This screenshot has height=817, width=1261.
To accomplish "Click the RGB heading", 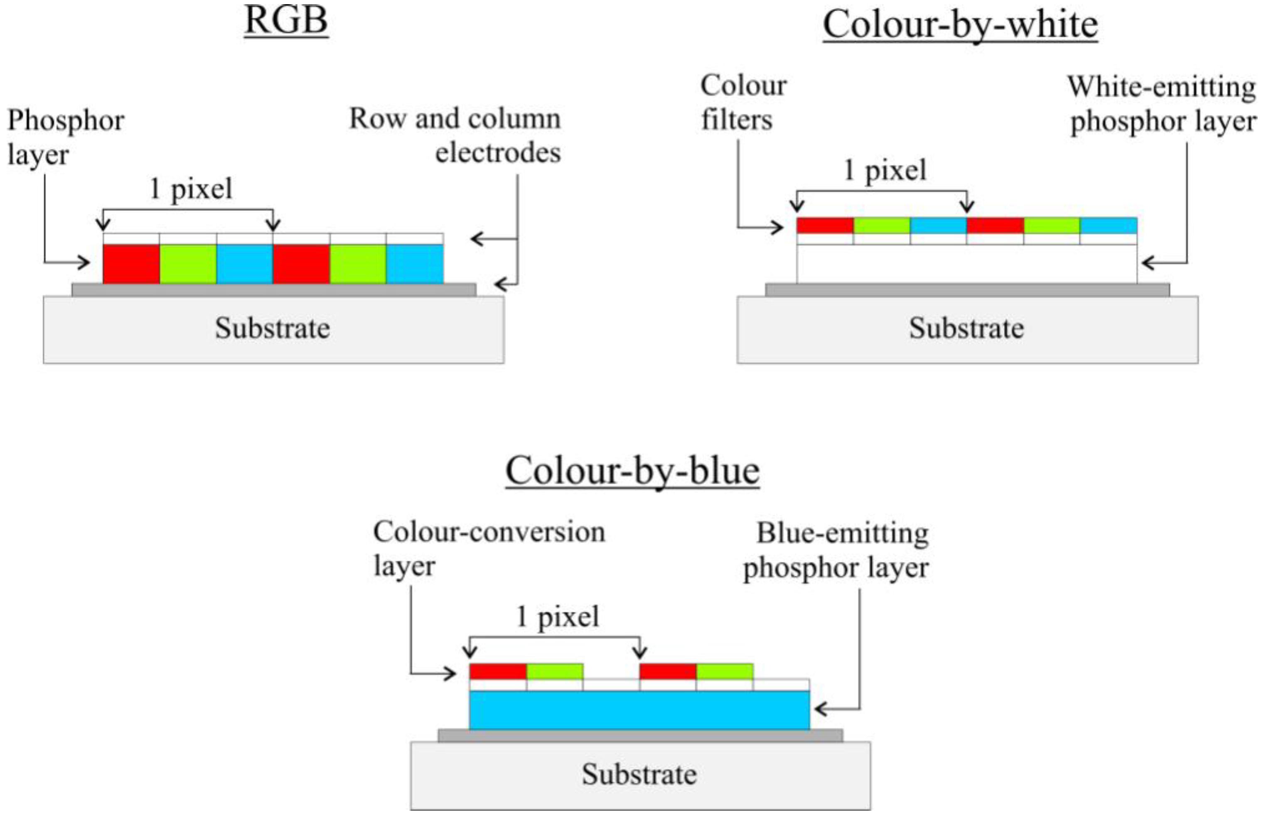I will [286, 21].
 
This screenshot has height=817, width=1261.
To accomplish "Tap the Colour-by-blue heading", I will [633, 471].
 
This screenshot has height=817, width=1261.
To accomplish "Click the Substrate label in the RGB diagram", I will [272, 328].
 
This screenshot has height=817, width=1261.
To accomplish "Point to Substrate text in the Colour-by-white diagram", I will [966, 328].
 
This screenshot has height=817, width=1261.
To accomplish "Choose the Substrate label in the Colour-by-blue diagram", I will [639, 774].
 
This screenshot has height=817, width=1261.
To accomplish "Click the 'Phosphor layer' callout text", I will [66, 137].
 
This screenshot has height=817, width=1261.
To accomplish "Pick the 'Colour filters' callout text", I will [743, 102].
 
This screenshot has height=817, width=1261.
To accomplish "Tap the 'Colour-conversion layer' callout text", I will [489, 549].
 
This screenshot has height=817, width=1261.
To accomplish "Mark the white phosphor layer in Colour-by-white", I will [966, 264].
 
